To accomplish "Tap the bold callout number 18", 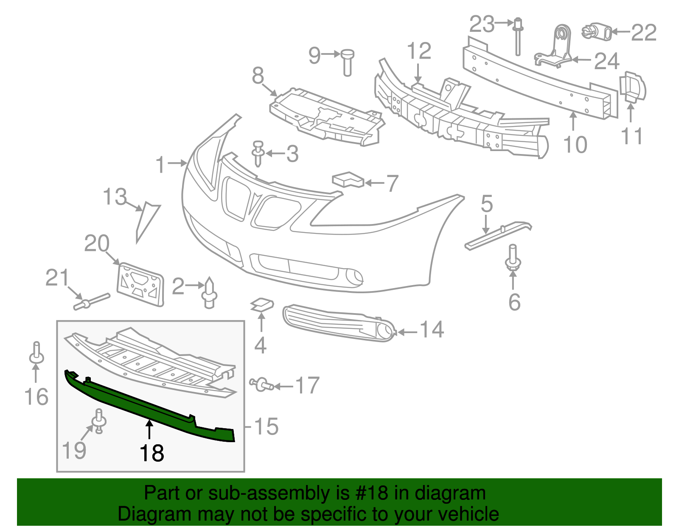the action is tap(152, 453).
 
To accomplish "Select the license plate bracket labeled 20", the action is tap(140, 285).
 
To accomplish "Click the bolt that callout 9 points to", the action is tap(347, 62).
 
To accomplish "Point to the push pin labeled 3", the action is tap(258, 154).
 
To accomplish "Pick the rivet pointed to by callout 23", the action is tap(518, 36).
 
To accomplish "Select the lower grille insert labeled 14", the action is tap(339, 324).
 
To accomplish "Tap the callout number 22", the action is tap(644, 33).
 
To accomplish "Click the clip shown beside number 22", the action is tap(597, 31).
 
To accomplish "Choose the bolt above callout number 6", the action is tap(513, 258).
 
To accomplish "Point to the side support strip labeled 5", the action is tap(498, 236).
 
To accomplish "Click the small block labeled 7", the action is tap(348, 179).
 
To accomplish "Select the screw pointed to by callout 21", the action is tap(92, 301).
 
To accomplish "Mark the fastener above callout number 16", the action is tap(36, 353).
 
